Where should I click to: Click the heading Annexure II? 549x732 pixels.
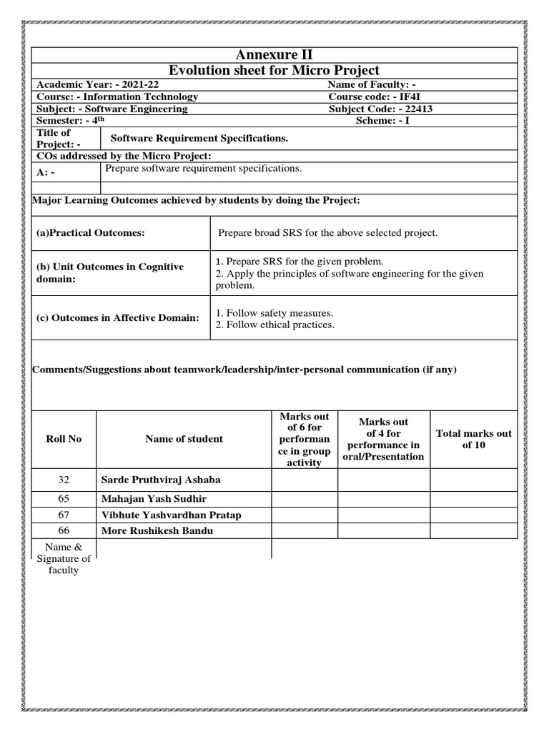274,55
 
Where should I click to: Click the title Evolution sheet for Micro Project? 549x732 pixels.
274,70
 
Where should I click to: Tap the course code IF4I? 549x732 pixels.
415,97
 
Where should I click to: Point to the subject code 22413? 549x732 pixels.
417,109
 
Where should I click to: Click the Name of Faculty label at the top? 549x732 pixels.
372,84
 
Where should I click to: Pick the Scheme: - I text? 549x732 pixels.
390,121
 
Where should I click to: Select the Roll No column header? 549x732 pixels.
64,439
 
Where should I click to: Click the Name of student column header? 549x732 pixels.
184,439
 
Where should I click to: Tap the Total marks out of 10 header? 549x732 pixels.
473,439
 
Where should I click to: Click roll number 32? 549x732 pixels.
64,480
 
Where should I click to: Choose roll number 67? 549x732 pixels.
64,515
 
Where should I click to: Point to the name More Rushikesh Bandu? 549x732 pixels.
157,530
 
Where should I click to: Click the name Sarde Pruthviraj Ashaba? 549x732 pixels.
161,480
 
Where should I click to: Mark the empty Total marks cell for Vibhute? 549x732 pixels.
473,515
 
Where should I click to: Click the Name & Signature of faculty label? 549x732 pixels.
64,559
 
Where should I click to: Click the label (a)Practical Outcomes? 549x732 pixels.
91,233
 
